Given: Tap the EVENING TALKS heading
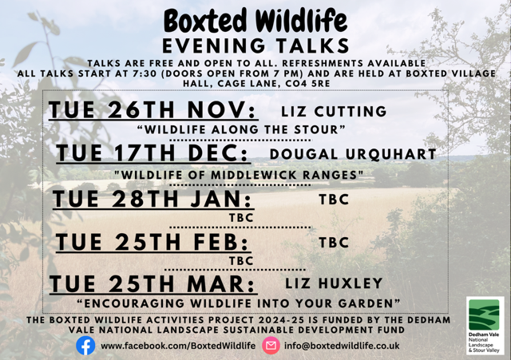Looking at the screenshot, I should click(x=255, y=44).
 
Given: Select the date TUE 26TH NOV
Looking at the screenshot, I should click(x=153, y=110).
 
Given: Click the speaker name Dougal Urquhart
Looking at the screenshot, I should click(x=353, y=153).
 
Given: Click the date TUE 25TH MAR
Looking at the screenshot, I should click(x=153, y=284).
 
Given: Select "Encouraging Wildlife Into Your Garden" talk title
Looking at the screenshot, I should click(x=237, y=304).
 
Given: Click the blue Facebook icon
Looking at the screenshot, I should click(x=85, y=345).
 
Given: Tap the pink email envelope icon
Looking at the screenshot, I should click(x=271, y=346).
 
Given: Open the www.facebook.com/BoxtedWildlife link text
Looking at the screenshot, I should click(x=178, y=346).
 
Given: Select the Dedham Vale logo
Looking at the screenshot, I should click(x=485, y=326).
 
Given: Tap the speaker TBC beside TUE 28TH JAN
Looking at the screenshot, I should click(x=334, y=200).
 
